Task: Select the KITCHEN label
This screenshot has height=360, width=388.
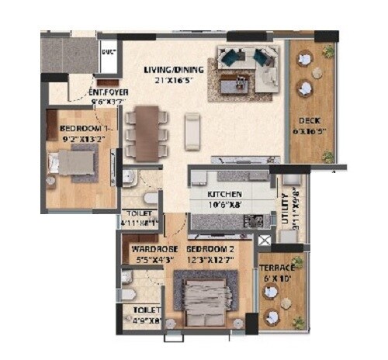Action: click(224, 194)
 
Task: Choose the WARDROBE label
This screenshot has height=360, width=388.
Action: click(149, 249)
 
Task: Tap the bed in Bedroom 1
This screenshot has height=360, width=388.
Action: click(71, 163)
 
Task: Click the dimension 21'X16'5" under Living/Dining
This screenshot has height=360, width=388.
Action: click(171, 80)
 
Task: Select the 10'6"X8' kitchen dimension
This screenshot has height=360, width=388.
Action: click(224, 204)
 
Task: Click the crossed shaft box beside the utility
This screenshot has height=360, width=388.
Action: click(265, 241)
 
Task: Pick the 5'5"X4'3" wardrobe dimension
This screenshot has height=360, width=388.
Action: click(149, 259)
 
